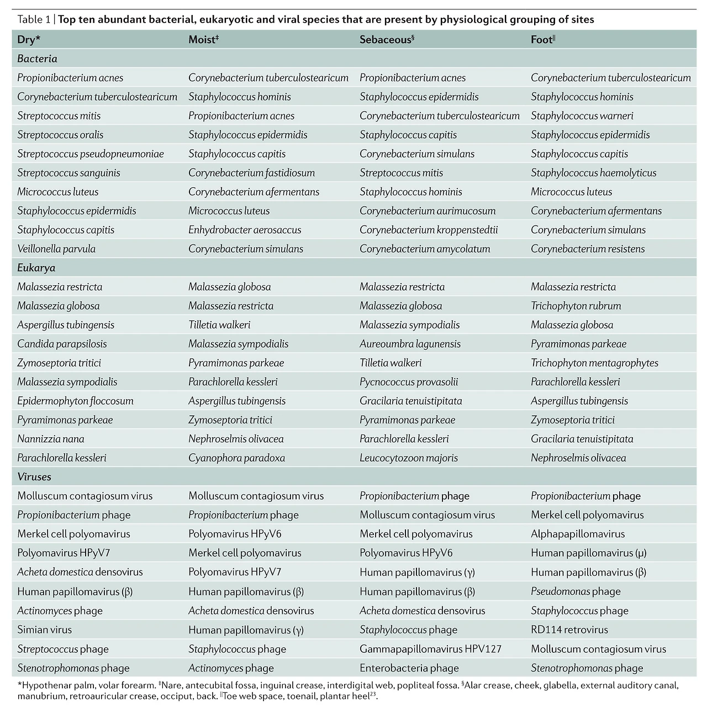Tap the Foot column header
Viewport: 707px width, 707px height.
542,40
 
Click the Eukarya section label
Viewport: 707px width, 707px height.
36,268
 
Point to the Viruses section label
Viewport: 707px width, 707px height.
34,476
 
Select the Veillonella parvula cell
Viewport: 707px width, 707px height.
56,249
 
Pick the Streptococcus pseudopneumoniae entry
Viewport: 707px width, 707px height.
91,154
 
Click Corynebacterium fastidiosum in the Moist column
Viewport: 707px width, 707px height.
251,172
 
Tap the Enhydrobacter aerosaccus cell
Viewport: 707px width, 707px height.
245,230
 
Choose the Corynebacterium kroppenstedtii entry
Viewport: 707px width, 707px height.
429,230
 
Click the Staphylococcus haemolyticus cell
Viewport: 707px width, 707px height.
594,172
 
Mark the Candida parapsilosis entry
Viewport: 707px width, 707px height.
62,344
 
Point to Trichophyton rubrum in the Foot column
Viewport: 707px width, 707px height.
576,306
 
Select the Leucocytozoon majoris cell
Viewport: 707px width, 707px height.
409,458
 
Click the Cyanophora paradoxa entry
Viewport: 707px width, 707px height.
237,458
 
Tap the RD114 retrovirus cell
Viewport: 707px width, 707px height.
569,630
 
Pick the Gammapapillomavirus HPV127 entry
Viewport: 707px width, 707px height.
430,649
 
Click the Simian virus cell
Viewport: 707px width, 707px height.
45,630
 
